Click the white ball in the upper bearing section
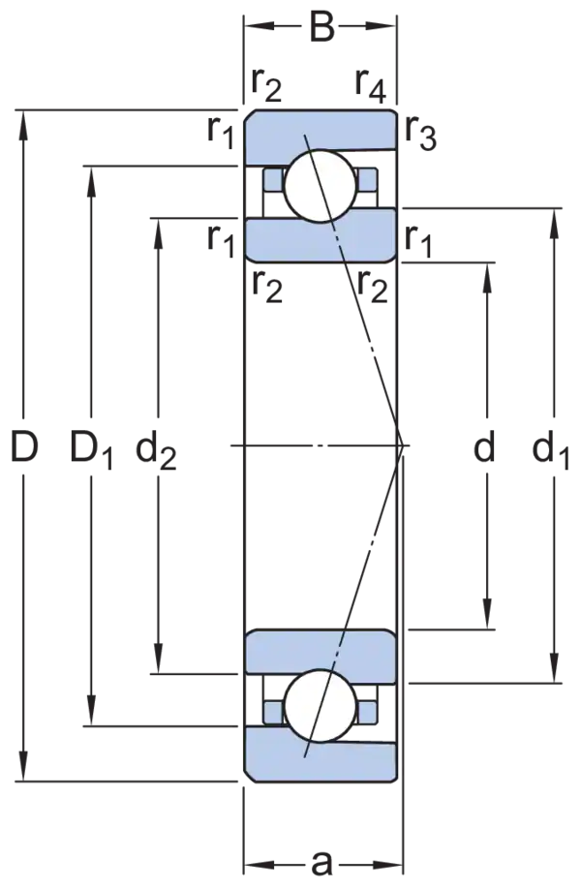320,182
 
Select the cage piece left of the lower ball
272,710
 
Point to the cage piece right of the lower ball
369,710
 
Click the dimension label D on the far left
26,447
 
